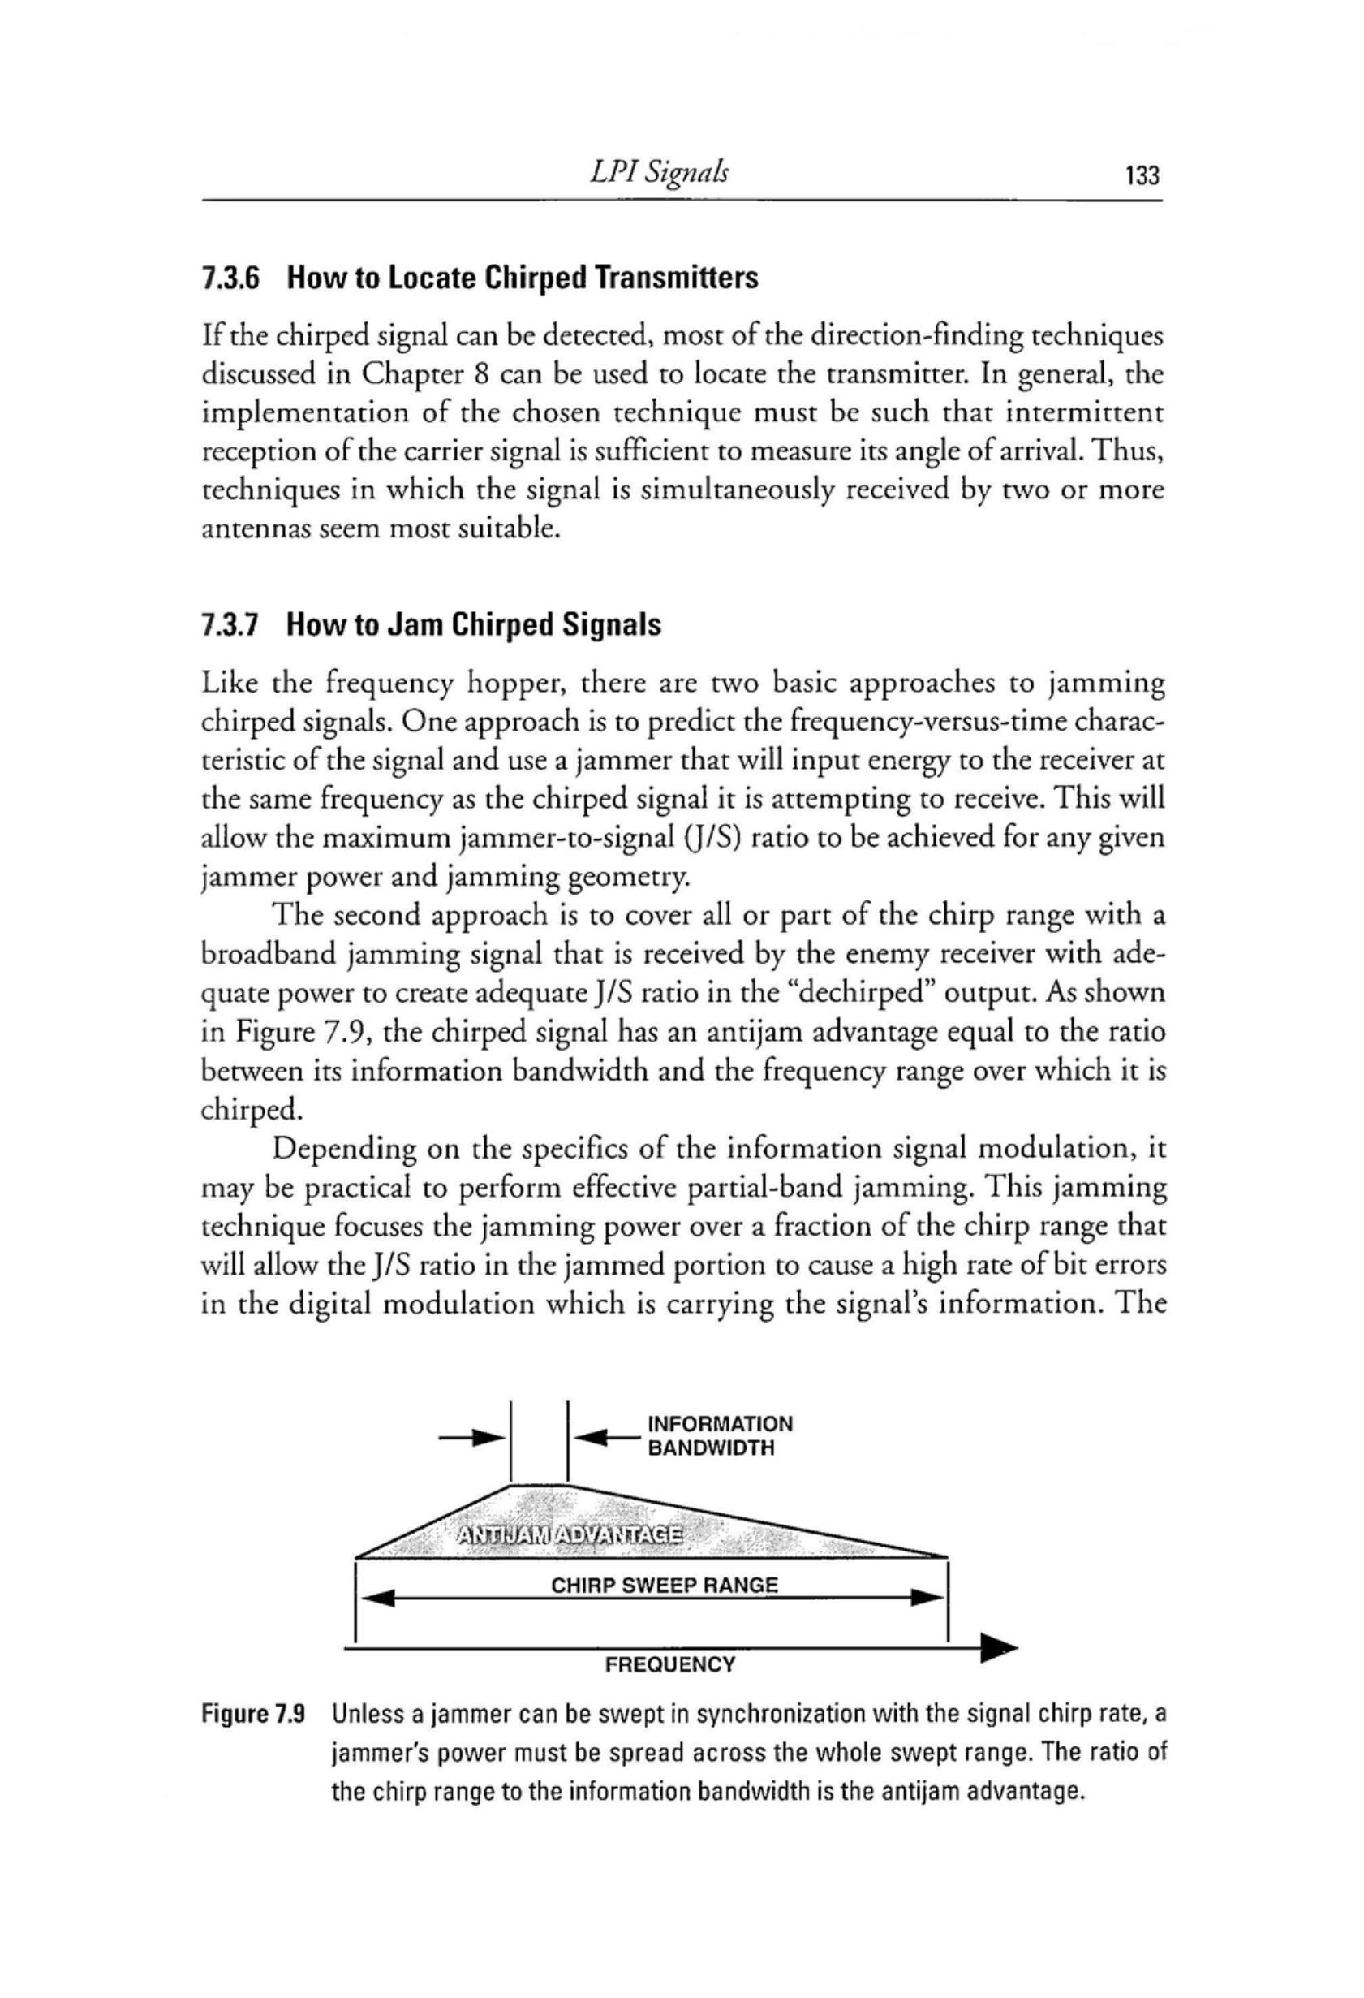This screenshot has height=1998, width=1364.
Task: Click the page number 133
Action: [x=1142, y=176]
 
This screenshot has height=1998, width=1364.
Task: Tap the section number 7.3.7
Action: [x=230, y=625]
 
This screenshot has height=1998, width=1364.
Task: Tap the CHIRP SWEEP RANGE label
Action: [x=664, y=1586]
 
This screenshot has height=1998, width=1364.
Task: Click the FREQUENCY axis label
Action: [x=670, y=1664]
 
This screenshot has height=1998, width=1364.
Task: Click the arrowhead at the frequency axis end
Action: [x=999, y=1648]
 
